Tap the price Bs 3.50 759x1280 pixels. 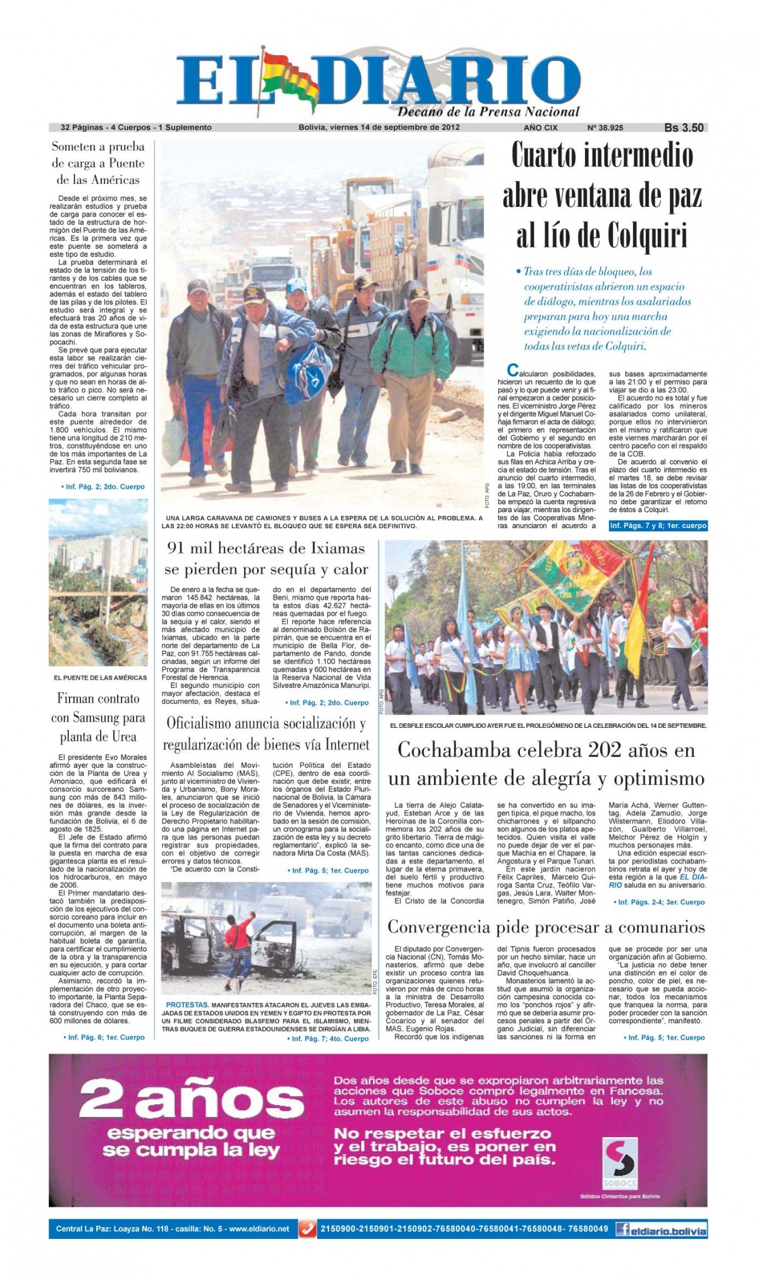(684, 127)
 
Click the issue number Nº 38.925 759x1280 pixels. (605, 127)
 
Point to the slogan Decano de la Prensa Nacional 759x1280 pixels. (488, 113)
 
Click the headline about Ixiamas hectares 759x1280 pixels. (266, 558)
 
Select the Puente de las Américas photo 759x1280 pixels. (98, 582)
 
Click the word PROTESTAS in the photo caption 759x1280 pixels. (187, 1005)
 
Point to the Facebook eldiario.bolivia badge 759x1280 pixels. (661, 1229)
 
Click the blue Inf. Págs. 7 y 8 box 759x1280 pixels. (657, 526)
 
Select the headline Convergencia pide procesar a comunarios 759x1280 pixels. (546, 927)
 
